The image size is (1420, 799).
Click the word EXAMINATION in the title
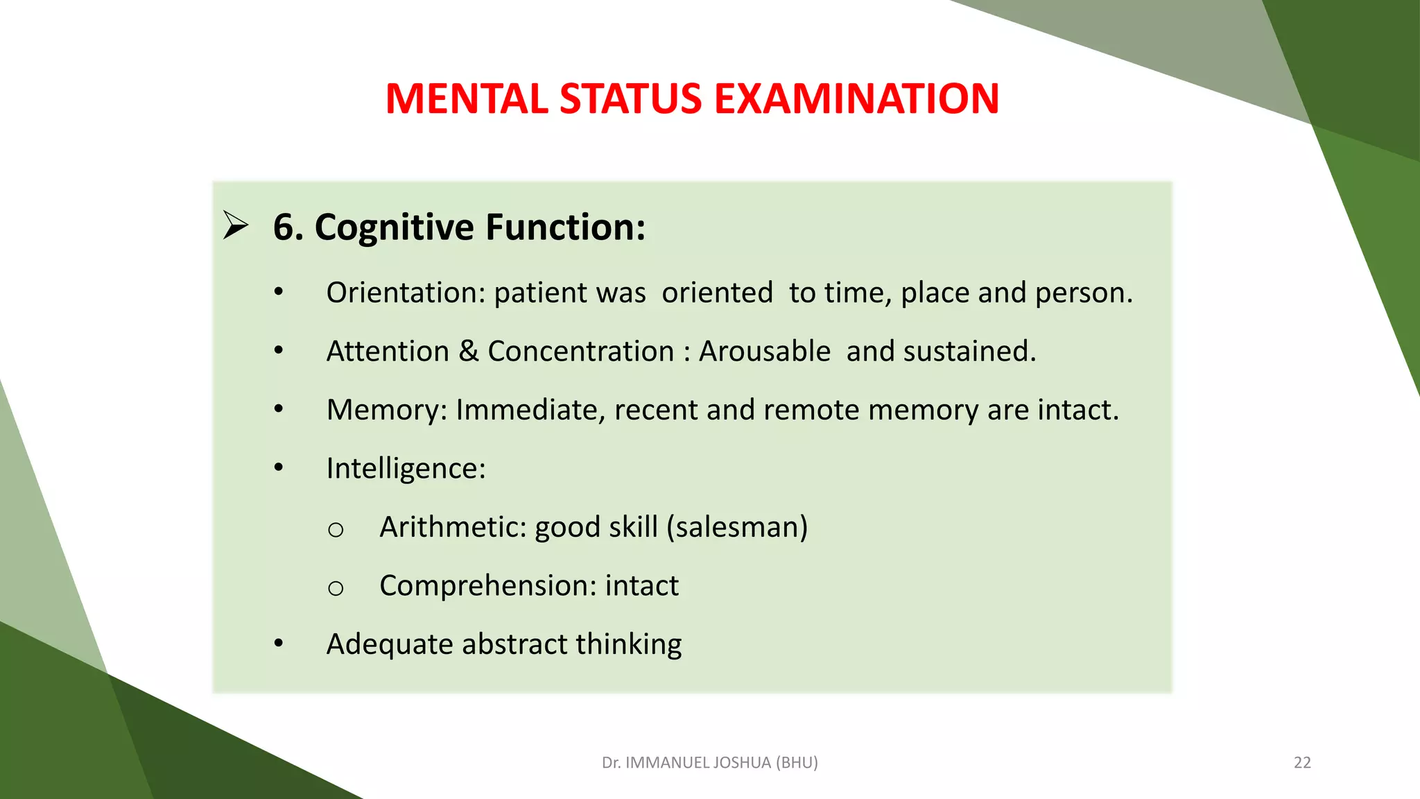coord(856,98)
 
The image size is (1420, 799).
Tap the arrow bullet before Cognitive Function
coord(236,225)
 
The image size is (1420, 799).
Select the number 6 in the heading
coord(284,227)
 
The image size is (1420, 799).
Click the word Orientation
coord(405,293)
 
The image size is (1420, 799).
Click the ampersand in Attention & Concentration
coord(469,351)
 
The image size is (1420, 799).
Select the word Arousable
coord(764,351)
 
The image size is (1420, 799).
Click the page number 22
coord(1302,763)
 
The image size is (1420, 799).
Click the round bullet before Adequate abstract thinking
coord(279,644)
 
